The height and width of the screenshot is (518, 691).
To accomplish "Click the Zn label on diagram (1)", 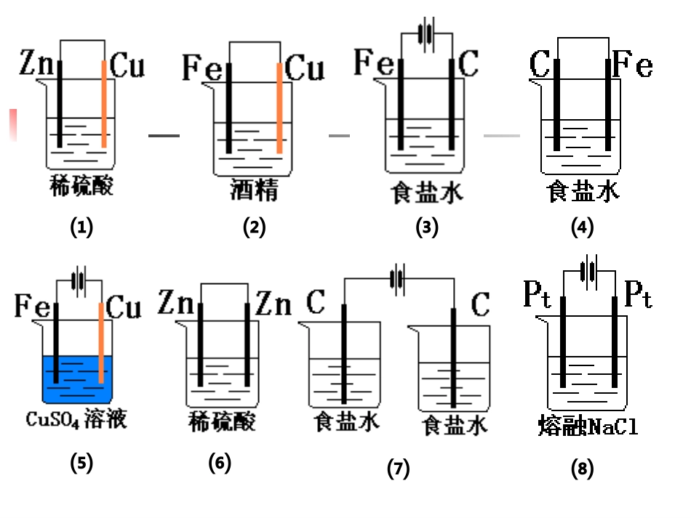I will coord(36,66).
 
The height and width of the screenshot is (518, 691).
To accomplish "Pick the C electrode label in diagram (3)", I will coord(470,64).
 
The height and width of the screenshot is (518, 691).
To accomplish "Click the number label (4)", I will coord(583,227).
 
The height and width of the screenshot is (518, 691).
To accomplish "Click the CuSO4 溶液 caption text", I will coord(76,419).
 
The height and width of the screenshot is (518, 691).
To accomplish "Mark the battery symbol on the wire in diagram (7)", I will coord(397,279).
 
